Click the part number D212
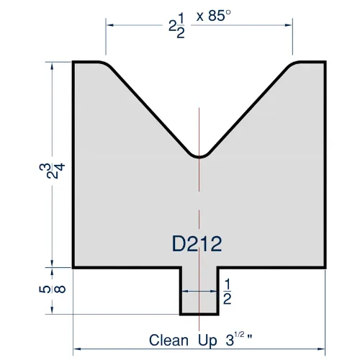click(x=197, y=243)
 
